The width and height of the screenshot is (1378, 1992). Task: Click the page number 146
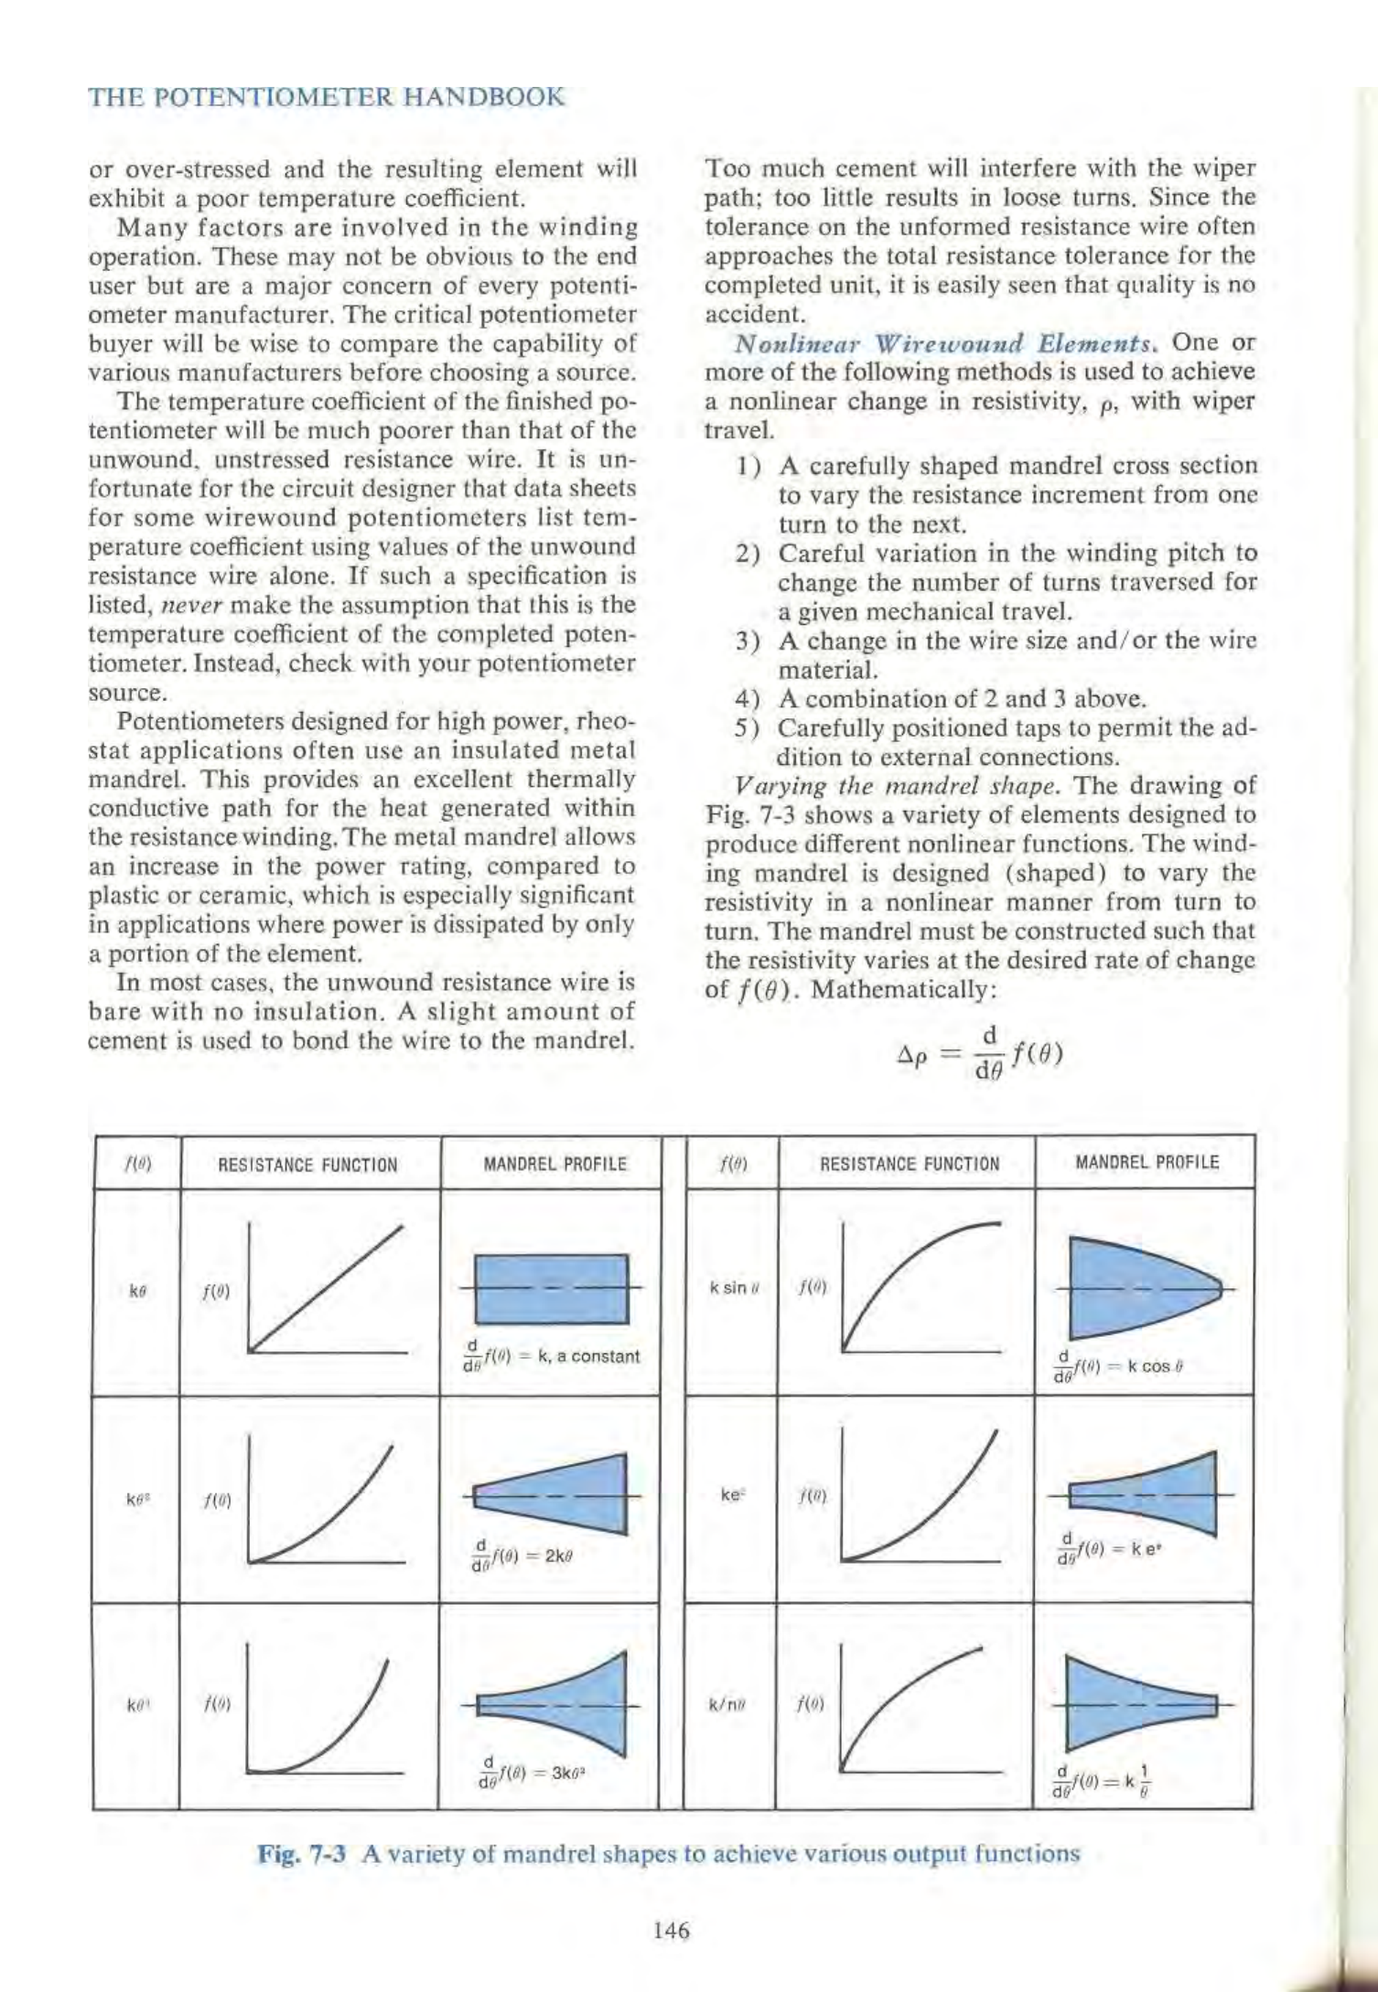[672, 1931]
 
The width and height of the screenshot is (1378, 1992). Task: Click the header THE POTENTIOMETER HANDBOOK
[326, 97]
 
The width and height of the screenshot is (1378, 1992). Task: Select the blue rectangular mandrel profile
[553, 1289]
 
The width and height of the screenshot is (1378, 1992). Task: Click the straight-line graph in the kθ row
[326, 1291]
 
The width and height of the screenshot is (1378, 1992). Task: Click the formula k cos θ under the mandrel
[1123, 1367]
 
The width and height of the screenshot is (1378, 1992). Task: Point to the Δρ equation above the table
[978, 1053]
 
